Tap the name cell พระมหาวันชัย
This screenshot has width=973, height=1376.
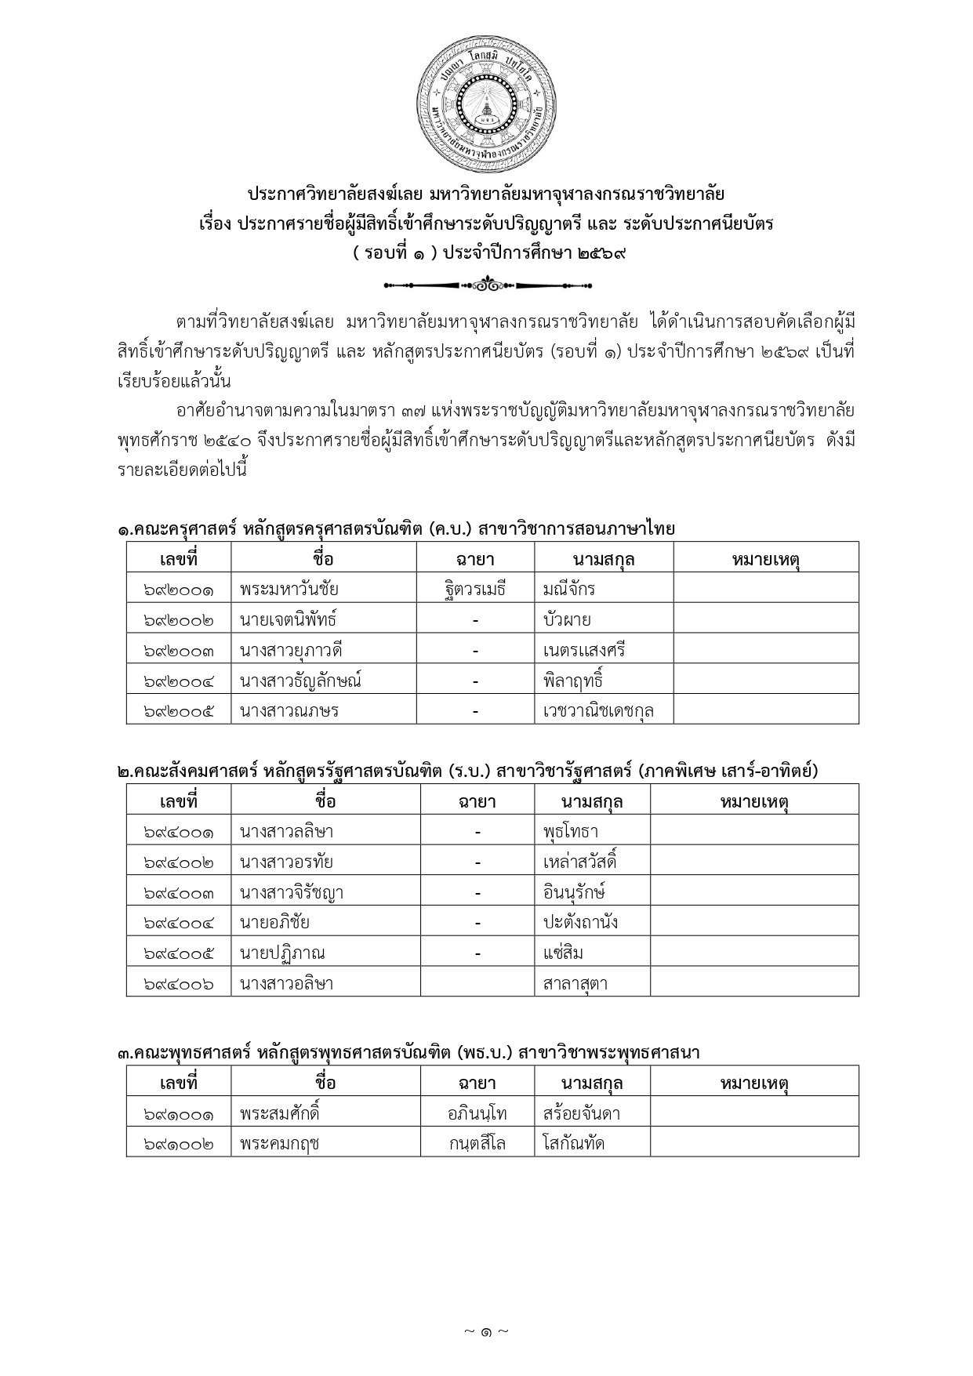coord(290,588)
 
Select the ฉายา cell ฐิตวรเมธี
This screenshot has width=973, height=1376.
coord(475,588)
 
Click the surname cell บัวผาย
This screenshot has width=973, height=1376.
coord(567,619)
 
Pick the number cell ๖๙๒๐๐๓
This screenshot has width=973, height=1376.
coord(179,650)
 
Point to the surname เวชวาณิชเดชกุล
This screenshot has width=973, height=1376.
coord(598,711)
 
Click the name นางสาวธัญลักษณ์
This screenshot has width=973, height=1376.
coord(301,681)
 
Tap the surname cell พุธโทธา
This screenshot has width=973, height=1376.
coord(571,831)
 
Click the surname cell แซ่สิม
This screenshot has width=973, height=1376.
coord(563,953)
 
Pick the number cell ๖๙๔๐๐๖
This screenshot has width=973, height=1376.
coord(179,983)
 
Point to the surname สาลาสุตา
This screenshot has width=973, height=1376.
coord(575,983)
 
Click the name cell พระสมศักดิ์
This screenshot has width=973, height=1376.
coord(281,1113)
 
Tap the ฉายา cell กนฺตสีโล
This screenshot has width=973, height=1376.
coord(477,1143)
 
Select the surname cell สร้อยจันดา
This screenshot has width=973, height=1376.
coord(582,1113)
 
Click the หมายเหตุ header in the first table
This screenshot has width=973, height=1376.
coord(765,558)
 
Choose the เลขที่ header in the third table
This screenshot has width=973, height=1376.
coord(179,1083)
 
